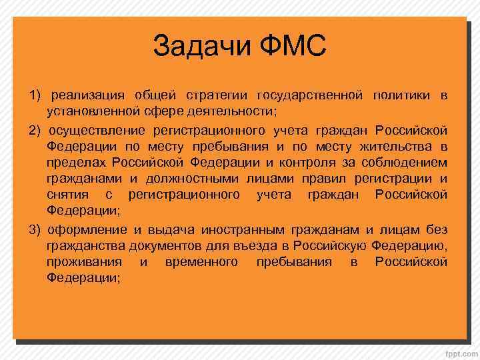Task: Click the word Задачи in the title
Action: [x=201, y=46]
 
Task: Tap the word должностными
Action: [x=193, y=179]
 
